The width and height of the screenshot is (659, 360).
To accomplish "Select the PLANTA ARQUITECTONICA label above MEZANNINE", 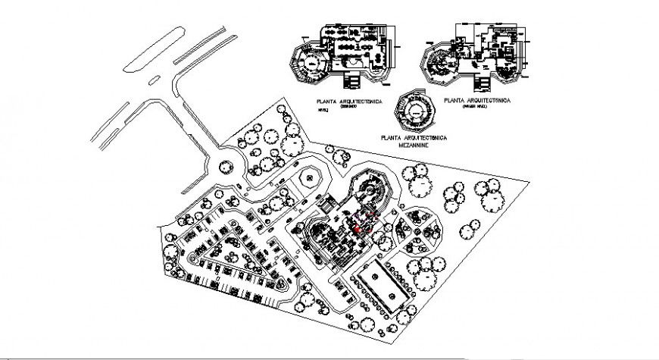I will click(x=415, y=137).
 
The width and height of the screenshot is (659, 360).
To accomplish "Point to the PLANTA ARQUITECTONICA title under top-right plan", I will click(x=479, y=100).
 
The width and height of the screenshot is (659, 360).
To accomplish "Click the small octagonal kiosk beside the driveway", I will click(x=308, y=179).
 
